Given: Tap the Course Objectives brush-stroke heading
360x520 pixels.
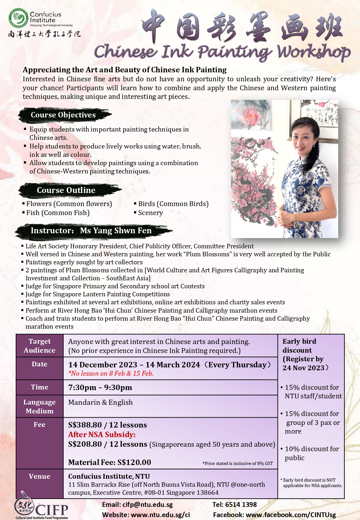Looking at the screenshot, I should (x=63, y=115).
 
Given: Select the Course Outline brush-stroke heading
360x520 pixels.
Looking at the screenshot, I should (x=66, y=190).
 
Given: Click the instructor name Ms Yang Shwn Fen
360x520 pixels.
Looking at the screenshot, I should (x=116, y=231).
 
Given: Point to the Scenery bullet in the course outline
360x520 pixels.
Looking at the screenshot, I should (x=150, y=213).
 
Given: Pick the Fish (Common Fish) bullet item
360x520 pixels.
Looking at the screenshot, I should (x=58, y=213).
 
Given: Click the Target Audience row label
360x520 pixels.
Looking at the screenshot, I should (x=40, y=346).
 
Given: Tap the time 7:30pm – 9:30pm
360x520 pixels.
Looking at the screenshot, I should (x=100, y=388).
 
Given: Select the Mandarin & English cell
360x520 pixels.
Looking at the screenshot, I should (x=100, y=403).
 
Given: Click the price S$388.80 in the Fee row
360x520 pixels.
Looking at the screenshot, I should (x=85, y=425).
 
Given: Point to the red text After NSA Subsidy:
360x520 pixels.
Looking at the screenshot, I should (x=102, y=435).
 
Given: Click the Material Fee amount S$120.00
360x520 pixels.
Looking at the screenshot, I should (x=134, y=462).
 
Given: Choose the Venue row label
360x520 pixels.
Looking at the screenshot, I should (x=40, y=476).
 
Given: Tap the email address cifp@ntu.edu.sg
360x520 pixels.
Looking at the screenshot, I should (x=148, y=505).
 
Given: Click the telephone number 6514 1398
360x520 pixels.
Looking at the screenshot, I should (x=241, y=505).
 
